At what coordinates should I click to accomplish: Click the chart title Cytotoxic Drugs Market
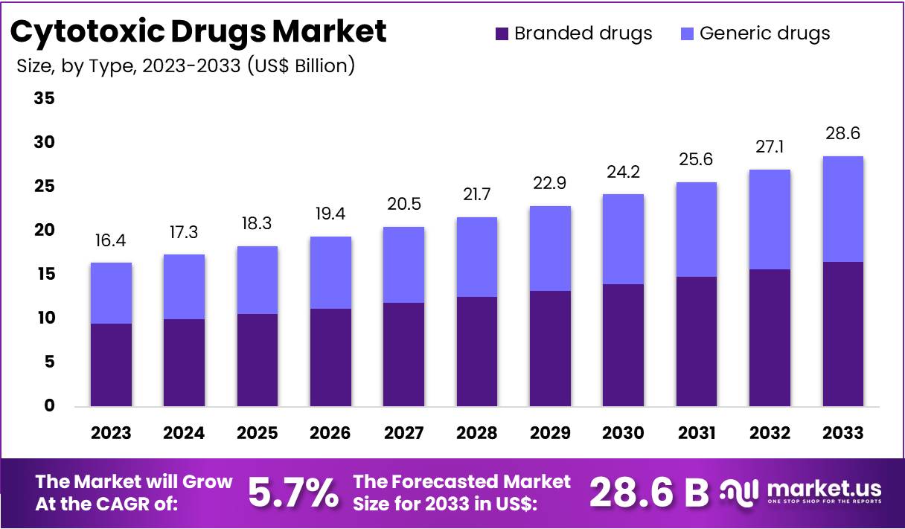[199, 31]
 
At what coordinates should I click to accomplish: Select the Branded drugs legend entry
[573, 33]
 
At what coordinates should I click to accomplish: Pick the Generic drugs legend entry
[755, 33]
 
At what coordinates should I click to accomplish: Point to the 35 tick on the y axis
[44, 98]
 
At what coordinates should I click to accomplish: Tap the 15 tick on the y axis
[44, 275]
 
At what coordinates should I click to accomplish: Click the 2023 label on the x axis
[111, 433]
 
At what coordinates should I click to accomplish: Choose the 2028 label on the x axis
[476, 433]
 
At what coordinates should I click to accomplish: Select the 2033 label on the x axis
[842, 433]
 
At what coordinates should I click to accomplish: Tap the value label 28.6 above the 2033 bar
[842, 134]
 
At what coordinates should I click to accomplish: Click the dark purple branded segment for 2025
[258, 360]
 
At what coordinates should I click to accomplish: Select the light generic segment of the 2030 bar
[623, 239]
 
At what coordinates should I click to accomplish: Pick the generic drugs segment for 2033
[842, 208]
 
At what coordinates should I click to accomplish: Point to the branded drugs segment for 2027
[403, 354]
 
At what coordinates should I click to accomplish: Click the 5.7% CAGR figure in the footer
[292, 492]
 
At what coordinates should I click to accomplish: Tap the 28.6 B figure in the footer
[649, 492]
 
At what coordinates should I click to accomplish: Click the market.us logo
[802, 491]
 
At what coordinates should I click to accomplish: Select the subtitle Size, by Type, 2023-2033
[185, 65]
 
